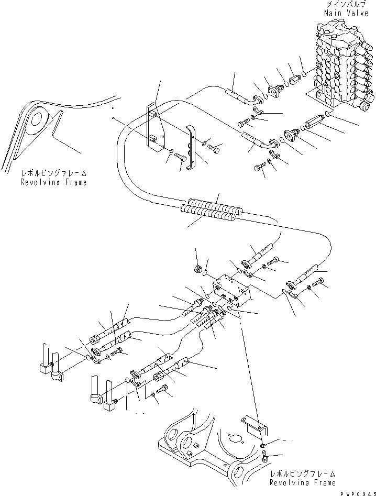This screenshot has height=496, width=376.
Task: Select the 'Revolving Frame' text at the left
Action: [53, 182]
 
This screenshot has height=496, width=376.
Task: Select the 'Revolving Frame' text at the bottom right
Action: [302, 482]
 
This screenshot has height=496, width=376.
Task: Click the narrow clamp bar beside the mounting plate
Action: [191, 147]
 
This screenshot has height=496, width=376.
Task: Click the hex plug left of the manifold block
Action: [198, 270]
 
